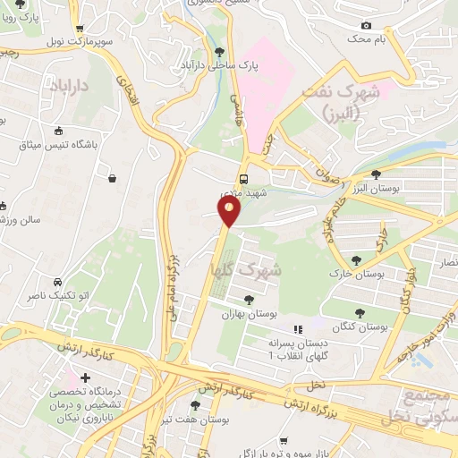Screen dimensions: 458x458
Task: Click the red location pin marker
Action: tap(229, 211)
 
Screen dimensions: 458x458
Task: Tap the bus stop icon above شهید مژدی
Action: tap(243, 177)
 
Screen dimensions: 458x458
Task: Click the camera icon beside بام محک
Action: tap(365, 26)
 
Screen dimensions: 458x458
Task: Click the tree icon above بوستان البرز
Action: tap(374, 174)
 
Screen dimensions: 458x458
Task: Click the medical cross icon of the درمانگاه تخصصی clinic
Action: tap(86, 380)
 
